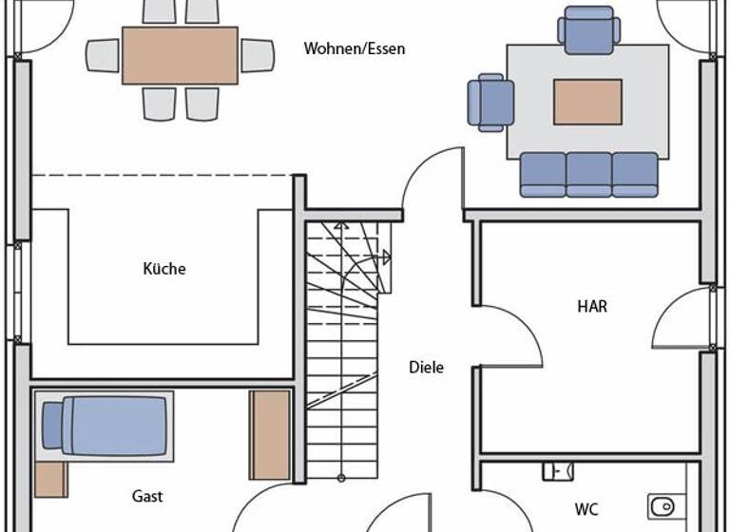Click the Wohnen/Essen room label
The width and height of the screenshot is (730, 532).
click(354, 48)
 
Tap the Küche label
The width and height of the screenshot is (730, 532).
click(164, 269)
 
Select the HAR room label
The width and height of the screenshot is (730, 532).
click(591, 307)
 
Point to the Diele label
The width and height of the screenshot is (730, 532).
click(426, 368)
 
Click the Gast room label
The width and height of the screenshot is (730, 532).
click(146, 496)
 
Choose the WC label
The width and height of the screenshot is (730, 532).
click(586, 510)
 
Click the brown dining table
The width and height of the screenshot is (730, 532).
click(180, 55)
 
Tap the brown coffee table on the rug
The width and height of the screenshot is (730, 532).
click(587, 102)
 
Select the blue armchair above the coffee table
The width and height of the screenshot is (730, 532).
click(588, 30)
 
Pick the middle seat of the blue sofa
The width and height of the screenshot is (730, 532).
click(589, 175)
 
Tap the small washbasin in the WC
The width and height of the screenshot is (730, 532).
click(557, 470)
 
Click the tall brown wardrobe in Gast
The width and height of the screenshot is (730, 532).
click(270, 434)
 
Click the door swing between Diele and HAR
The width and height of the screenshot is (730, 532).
click(509, 337)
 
